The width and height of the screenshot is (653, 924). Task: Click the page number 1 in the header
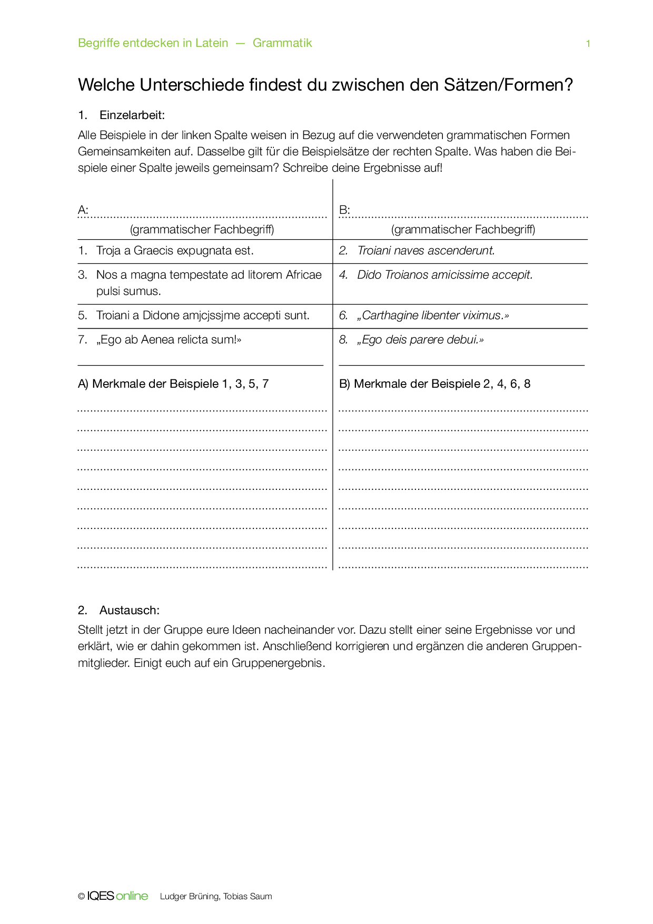pyautogui.click(x=588, y=44)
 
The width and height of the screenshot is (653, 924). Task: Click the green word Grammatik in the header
pyautogui.click(x=282, y=43)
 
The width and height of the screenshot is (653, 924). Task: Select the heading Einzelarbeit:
pyautogui.click(x=132, y=115)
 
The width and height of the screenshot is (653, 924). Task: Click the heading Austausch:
pyautogui.click(x=129, y=610)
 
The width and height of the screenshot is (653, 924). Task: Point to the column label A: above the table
pyautogui.click(x=83, y=210)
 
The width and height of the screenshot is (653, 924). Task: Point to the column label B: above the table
pyautogui.click(x=344, y=210)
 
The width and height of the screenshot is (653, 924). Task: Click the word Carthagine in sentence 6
pyautogui.click(x=389, y=316)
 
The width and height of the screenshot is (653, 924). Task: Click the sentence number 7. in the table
pyautogui.click(x=83, y=340)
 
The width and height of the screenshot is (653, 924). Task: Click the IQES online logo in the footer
pyautogui.click(x=117, y=896)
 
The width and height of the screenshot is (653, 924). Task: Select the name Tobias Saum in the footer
pyautogui.click(x=248, y=897)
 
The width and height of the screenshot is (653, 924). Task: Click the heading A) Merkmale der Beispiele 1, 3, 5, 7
pyautogui.click(x=173, y=384)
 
